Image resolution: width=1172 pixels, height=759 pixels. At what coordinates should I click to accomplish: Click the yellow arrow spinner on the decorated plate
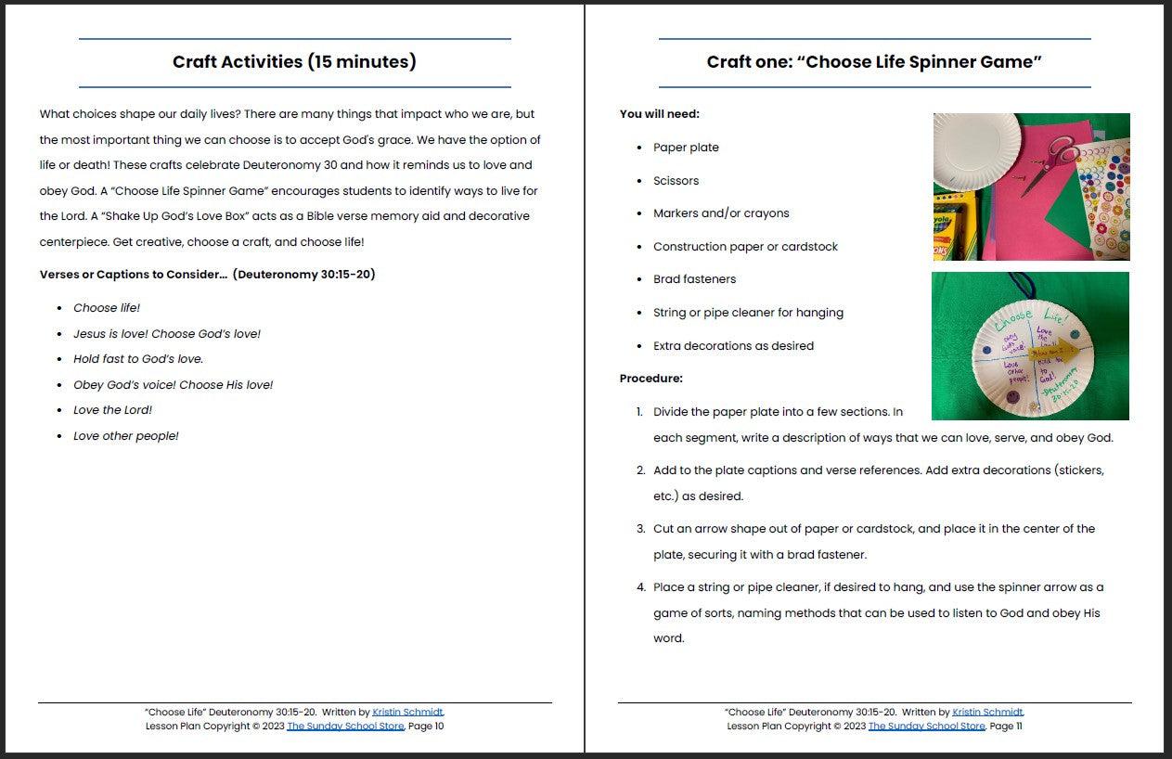[x=1061, y=352]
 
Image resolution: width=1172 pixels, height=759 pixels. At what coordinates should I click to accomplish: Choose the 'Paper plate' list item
[x=686, y=148]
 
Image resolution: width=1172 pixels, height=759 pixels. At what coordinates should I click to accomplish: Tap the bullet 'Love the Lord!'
[x=112, y=410]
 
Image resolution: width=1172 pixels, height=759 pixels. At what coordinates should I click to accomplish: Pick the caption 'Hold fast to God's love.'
[x=138, y=359]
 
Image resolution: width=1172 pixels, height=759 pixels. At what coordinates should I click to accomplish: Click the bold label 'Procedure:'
[x=651, y=379]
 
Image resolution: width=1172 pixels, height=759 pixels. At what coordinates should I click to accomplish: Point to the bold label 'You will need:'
[x=660, y=114]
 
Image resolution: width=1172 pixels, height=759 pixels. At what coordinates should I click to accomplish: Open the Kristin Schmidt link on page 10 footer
[x=407, y=712]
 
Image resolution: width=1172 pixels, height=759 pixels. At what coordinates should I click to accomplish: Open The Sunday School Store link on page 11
[x=926, y=726]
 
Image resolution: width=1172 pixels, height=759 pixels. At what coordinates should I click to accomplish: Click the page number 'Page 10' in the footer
[x=426, y=726]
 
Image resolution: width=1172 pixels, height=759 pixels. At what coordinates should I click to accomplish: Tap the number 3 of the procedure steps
[x=640, y=529]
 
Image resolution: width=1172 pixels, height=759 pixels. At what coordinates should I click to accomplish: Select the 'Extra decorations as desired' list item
[x=733, y=346]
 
